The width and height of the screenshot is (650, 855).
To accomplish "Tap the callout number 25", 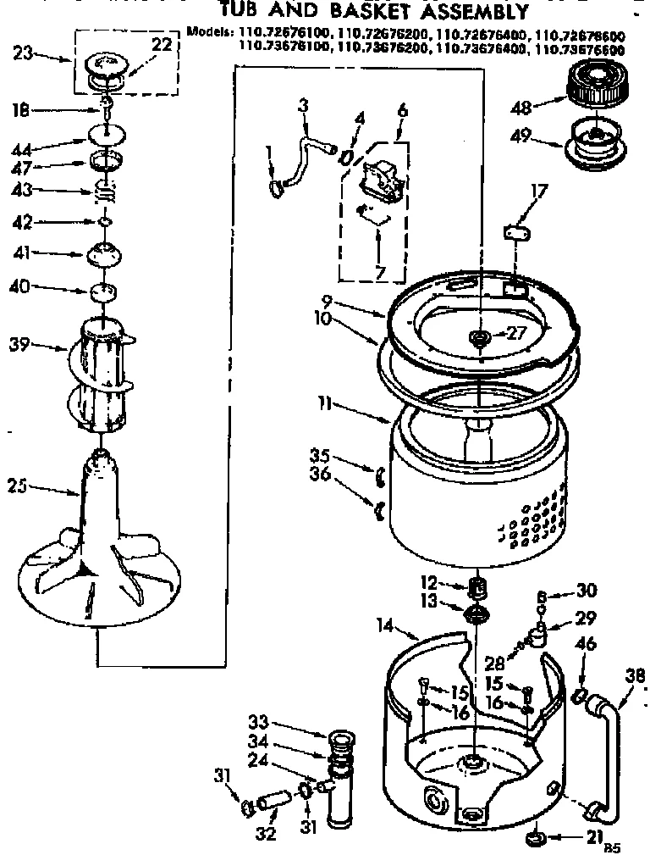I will (x=18, y=486).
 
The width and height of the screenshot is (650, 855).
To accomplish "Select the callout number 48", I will (x=522, y=107).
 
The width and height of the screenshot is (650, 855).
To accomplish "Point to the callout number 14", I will (x=387, y=628).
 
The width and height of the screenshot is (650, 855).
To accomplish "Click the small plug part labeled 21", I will (x=535, y=839).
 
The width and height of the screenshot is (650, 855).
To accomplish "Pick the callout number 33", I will (x=258, y=722).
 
